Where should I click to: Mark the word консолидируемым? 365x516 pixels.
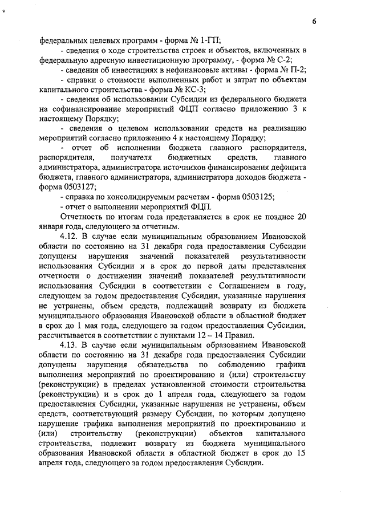coord(138,197)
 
